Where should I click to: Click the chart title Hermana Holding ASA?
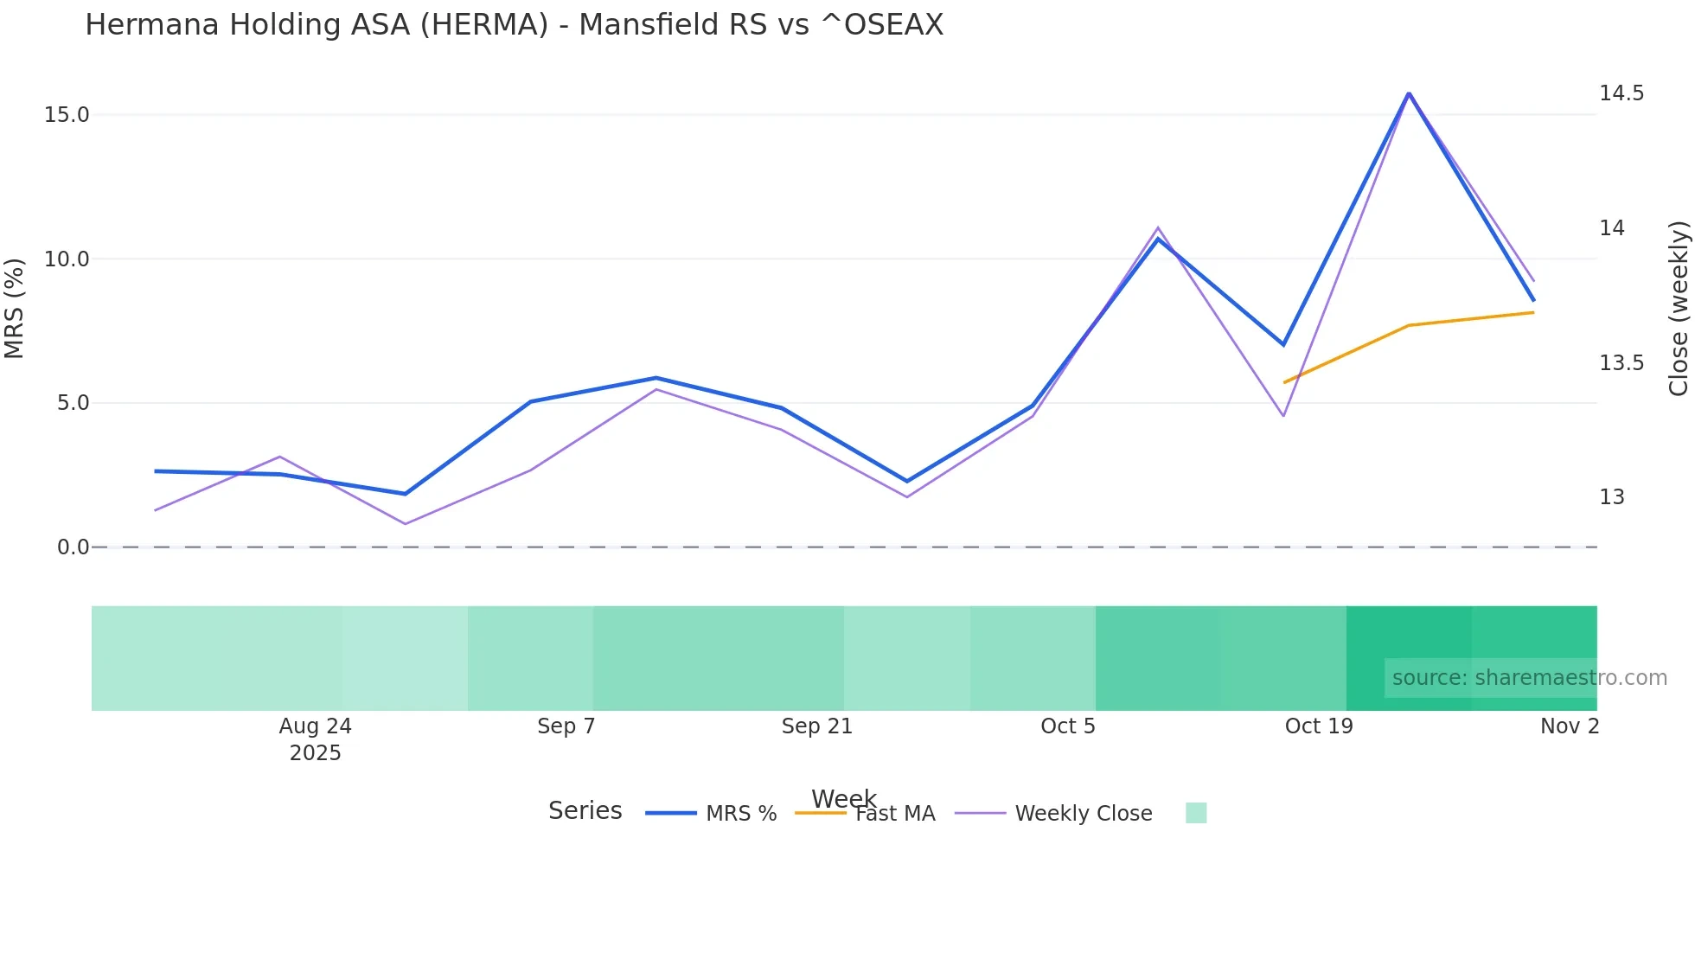[x=514, y=24]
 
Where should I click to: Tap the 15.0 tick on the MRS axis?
[x=67, y=115]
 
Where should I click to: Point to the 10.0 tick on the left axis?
[x=67, y=259]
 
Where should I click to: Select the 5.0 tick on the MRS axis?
[x=73, y=403]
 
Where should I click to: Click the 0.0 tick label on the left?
[x=73, y=547]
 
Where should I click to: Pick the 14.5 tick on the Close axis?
[x=1621, y=93]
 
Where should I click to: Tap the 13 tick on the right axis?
[x=1612, y=497]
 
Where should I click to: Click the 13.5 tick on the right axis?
[x=1621, y=363]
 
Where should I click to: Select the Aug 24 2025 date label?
[x=315, y=739]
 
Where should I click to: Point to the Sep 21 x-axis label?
[x=816, y=726]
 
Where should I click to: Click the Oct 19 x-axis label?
[x=1318, y=726]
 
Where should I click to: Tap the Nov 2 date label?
[x=1569, y=726]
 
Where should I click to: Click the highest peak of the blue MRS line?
[x=1409, y=93]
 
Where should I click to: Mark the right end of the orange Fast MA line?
[x=1533, y=312]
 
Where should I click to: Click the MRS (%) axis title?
[x=14, y=308]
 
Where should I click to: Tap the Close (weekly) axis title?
[x=1679, y=308]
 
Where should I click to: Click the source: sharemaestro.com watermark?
[x=1529, y=678]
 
